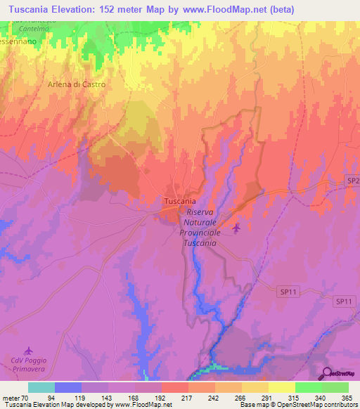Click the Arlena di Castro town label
[77, 84]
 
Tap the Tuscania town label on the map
[179, 201]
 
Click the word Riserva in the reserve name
[202, 211]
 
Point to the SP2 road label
[352, 181]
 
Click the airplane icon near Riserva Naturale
[236, 227]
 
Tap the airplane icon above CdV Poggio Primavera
[28, 350]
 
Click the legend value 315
[295, 397]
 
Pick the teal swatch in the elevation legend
[41, 387]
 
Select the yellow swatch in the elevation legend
[282, 387]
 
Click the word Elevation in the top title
[79, 9]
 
